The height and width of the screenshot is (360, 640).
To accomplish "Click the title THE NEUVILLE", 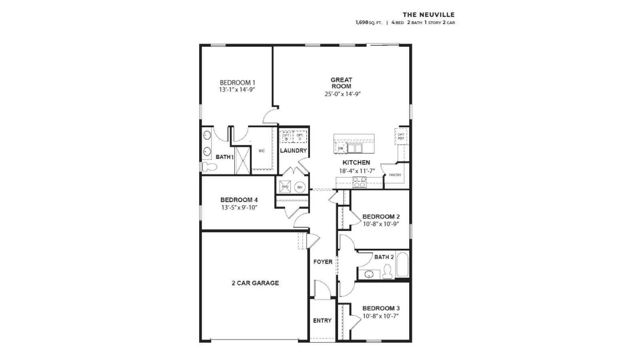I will [428, 15].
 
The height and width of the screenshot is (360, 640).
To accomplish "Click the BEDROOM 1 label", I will [237, 83].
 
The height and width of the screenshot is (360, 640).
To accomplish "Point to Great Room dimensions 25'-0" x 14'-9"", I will [341, 94].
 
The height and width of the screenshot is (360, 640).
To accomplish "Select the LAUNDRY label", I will [293, 150].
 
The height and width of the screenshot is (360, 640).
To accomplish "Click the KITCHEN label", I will [356, 162].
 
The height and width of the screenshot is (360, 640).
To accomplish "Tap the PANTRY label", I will [395, 175].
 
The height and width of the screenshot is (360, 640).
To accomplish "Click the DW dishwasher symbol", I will [341, 148].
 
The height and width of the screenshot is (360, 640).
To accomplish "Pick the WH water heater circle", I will [300, 187].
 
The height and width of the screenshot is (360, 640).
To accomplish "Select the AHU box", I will [285, 186].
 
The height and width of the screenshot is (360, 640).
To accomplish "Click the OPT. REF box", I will [401, 136].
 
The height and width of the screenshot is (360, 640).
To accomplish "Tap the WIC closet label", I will [262, 151].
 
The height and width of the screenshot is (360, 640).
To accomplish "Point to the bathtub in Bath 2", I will [402, 265].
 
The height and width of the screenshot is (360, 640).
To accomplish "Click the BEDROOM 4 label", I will [239, 200].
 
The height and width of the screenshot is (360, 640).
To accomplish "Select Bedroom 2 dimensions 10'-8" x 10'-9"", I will [381, 224].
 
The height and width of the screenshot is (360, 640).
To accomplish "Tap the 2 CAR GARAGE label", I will [255, 283].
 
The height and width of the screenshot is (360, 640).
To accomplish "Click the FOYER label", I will [322, 262].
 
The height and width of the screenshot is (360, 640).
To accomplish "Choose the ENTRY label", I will [322, 320].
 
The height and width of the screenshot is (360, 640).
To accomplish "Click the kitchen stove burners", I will [359, 182].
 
